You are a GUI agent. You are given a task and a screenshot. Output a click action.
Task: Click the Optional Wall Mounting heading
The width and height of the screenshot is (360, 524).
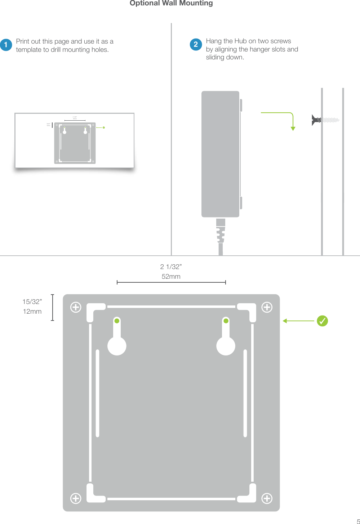click(x=171, y=3)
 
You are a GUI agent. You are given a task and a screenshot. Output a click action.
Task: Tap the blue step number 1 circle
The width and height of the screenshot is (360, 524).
click(x=6, y=45)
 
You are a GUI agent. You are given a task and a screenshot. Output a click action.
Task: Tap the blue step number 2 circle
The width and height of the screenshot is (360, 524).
click(x=196, y=44)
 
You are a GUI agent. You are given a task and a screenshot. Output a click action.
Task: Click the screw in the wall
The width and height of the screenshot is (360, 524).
click(x=325, y=120)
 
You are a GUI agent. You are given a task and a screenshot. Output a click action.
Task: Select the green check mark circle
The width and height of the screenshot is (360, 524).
click(x=322, y=321)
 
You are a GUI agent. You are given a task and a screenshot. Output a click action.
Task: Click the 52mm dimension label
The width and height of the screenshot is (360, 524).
click(x=171, y=277)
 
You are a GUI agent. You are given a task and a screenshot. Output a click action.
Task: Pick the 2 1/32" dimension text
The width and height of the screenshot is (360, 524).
click(x=171, y=267)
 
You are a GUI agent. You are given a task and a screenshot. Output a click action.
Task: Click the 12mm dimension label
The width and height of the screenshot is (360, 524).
click(x=32, y=312)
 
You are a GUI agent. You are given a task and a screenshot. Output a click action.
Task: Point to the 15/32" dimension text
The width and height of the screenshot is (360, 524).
click(x=32, y=302)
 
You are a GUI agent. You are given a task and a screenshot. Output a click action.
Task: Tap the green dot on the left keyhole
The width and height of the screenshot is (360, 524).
click(x=117, y=321)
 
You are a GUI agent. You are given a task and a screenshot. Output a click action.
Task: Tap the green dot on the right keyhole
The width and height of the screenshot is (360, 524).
click(x=226, y=321)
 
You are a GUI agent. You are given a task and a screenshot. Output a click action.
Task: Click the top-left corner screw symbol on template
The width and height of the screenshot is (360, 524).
click(x=76, y=307)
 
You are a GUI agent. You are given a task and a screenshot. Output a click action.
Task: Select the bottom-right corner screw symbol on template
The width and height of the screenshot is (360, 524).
click(x=267, y=498)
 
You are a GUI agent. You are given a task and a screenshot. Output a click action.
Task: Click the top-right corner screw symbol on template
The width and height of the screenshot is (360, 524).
click(x=267, y=307)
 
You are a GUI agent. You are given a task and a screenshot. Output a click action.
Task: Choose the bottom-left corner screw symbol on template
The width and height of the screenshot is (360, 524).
click(x=76, y=498)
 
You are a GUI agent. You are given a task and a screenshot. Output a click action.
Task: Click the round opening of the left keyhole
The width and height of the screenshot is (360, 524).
click(x=117, y=346)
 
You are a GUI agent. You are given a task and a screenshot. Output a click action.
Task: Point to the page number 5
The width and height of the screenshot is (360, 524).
click(x=358, y=521)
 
